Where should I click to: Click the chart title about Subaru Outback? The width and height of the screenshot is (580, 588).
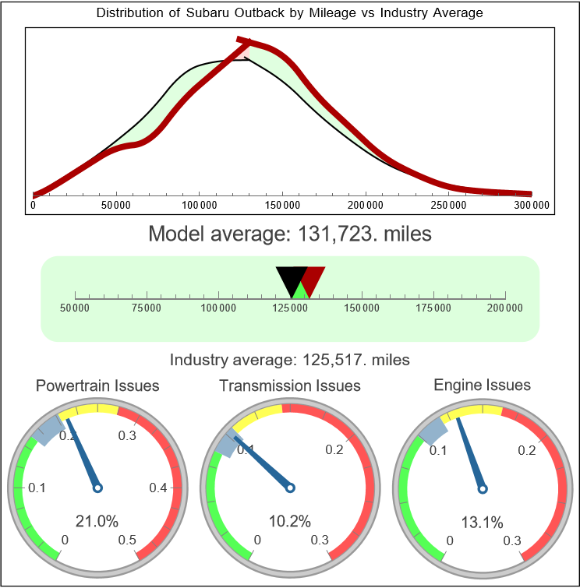(x=289, y=12)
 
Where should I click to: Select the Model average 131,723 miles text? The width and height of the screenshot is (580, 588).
(x=289, y=234)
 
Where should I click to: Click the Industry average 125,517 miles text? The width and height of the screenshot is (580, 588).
(x=289, y=360)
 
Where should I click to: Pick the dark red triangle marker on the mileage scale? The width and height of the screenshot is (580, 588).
(x=313, y=279)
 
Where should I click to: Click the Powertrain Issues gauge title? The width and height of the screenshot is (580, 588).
(x=97, y=386)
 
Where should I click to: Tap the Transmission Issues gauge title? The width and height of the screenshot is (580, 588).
(x=290, y=386)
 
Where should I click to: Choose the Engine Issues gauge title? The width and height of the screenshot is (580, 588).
(x=482, y=385)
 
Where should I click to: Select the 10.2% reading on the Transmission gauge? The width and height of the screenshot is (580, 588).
(x=290, y=521)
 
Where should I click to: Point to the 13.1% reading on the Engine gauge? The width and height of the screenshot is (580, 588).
(x=482, y=521)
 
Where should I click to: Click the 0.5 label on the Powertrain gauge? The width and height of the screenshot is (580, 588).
(x=128, y=540)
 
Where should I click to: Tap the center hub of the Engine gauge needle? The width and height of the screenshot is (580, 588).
(x=482, y=488)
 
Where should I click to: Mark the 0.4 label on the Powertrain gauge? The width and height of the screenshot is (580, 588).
(x=158, y=488)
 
